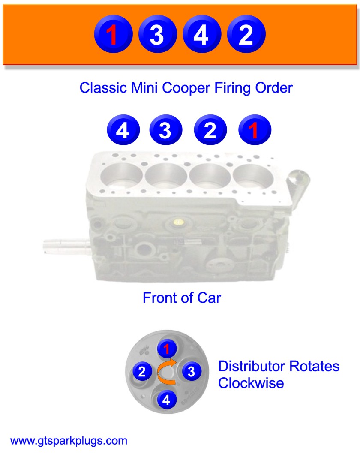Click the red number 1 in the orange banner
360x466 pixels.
click(x=113, y=35)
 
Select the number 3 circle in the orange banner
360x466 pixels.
click(x=157, y=35)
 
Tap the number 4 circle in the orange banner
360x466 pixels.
click(x=201, y=35)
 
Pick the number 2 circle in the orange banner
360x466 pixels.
click(x=246, y=35)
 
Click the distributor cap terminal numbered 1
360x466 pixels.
click(x=167, y=348)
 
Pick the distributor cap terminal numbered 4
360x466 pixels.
click(x=167, y=400)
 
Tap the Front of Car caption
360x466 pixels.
click(x=181, y=298)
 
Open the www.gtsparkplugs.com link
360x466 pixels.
click(x=69, y=440)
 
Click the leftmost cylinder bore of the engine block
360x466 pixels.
click(x=122, y=176)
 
